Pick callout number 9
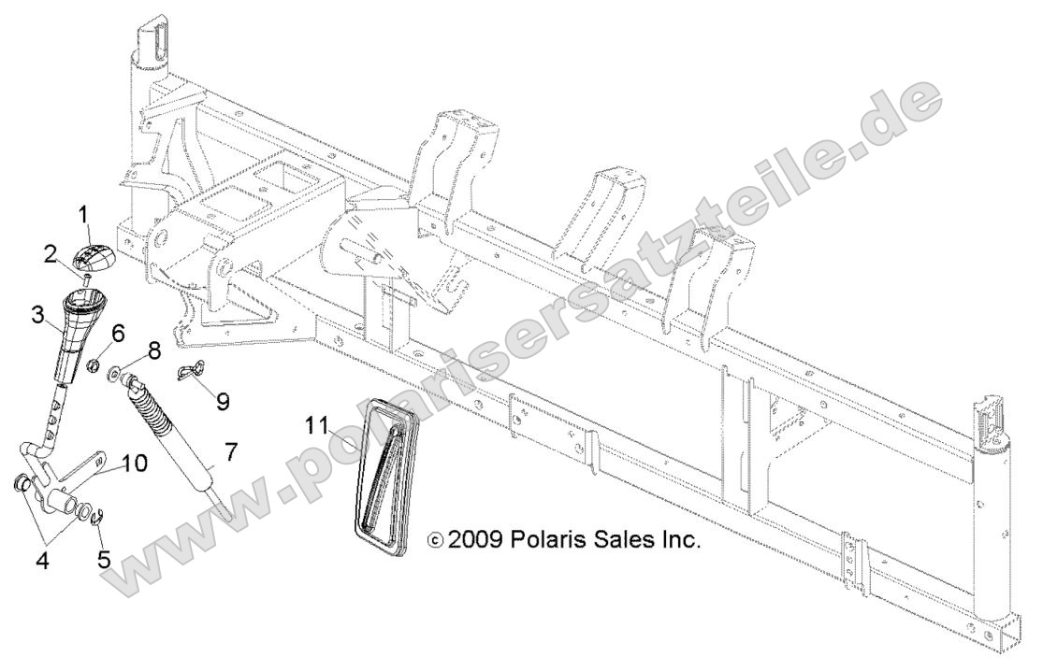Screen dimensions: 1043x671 [222, 401]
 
